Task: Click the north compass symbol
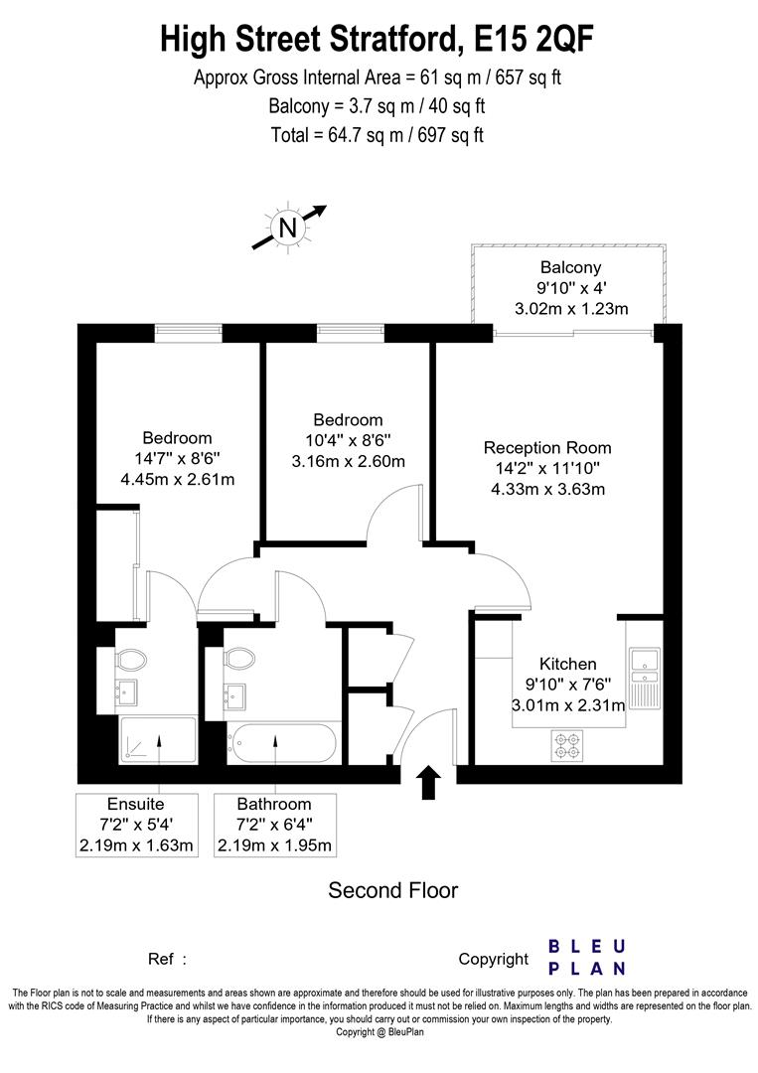click(x=288, y=229)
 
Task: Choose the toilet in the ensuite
click(x=131, y=659)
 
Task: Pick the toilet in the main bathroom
click(x=239, y=659)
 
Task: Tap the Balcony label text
click(x=570, y=267)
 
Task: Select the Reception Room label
click(x=547, y=447)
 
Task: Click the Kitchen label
click(x=567, y=664)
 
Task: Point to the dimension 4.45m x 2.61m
click(x=177, y=480)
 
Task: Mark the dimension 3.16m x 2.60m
click(x=348, y=461)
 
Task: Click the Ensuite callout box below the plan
click(x=135, y=825)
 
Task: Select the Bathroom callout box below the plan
click(x=274, y=825)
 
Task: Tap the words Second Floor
click(x=393, y=890)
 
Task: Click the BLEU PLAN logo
click(x=587, y=957)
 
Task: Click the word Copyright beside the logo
click(x=493, y=959)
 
